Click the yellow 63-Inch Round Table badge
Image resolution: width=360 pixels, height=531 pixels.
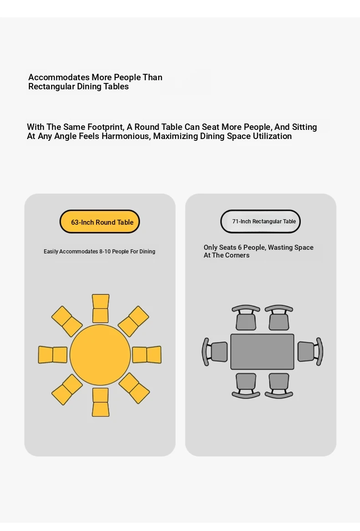click(x=99, y=222)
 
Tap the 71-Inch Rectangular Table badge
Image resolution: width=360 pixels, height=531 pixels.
click(x=261, y=222)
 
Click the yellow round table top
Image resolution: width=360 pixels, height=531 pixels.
click(x=100, y=355)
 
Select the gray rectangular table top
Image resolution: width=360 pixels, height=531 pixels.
click(x=262, y=351)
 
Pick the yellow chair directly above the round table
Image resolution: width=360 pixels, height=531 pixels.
click(x=101, y=308)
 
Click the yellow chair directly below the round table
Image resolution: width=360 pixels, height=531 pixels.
click(x=101, y=402)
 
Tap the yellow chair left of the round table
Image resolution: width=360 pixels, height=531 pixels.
click(x=52, y=355)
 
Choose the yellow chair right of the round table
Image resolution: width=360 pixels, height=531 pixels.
click(x=147, y=355)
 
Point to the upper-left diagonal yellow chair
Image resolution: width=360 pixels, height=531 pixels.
click(x=67, y=321)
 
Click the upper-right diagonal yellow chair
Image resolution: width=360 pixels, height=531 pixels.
click(x=134, y=321)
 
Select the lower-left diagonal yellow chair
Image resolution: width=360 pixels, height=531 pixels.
click(x=67, y=389)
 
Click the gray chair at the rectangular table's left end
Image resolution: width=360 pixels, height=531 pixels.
click(x=215, y=351)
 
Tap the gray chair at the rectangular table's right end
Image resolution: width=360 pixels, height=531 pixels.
click(x=310, y=351)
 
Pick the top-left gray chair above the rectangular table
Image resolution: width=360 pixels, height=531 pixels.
click(x=246, y=318)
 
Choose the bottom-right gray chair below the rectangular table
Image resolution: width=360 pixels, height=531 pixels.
click(x=279, y=386)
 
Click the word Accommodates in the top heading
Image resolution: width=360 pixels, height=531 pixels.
click(x=59, y=77)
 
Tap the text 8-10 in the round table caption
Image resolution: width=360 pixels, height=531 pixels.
click(x=105, y=251)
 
